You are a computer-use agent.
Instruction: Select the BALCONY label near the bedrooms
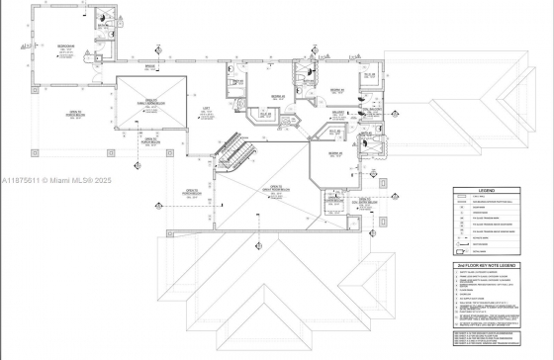[336, 113]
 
